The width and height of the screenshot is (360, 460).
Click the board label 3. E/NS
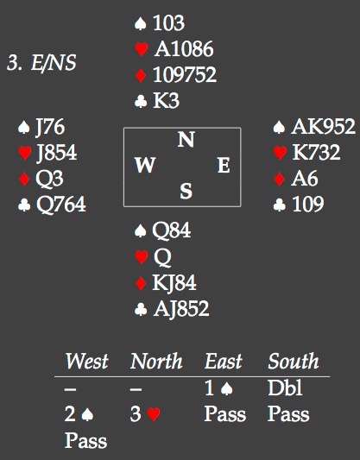coord(41,62)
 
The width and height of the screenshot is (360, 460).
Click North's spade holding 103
coord(168,23)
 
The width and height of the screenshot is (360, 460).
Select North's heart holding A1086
coord(184,48)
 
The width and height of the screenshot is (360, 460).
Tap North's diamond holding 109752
coord(185,74)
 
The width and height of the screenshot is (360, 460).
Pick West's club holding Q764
coord(61,205)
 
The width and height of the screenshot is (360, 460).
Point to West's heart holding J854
coord(56,153)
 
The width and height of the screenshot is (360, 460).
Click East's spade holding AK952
coord(323,127)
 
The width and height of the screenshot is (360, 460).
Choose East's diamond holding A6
coord(305,178)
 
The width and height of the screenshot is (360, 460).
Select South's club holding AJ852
coord(181,309)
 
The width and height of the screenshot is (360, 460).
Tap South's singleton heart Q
coord(162,257)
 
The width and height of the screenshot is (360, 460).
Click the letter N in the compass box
coord(186,139)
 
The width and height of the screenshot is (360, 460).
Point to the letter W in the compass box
coord(145,165)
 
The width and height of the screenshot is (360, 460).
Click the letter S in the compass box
coord(186,191)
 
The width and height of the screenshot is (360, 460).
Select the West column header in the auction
coord(86,361)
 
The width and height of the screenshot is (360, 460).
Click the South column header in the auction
coord(294,361)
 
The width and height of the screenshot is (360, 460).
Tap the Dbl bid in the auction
coord(285,388)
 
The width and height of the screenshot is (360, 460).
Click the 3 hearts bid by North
coord(145,414)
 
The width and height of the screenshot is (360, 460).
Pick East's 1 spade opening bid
coord(218,388)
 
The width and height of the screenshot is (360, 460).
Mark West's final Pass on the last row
coord(85,440)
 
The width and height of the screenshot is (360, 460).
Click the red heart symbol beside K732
coord(280,153)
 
